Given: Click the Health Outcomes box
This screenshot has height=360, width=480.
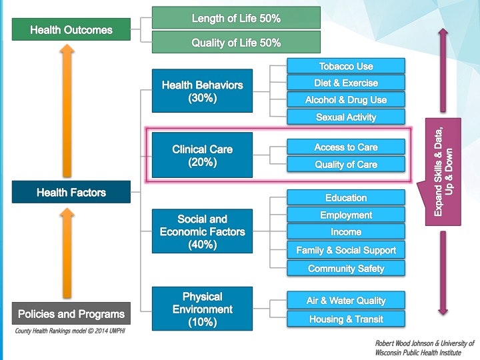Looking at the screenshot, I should coord(71,30).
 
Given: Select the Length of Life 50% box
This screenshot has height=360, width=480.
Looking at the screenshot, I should coord(236,18).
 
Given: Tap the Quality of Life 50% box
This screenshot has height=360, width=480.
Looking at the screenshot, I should coord(236,43).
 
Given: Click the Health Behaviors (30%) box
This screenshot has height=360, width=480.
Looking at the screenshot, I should coord(202,91).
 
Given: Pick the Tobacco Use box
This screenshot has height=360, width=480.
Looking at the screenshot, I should coord(346,66).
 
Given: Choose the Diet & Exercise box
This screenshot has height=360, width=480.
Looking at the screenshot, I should coord(346,83).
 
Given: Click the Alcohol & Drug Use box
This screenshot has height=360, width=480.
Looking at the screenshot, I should coord(346,100).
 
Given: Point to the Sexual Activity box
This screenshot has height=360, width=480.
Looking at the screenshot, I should coord(346,117).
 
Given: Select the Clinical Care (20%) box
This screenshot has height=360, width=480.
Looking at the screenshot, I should coord(202,155).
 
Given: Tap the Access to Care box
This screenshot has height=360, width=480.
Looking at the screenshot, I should coord(346,147).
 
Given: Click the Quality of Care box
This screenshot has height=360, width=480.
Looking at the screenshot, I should coord(346,164).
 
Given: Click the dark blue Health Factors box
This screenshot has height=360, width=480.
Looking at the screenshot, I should coord(71,193).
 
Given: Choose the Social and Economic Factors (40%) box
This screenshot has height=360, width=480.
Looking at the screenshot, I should coord(202,231).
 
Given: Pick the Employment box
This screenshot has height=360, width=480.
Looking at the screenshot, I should coord(346,215).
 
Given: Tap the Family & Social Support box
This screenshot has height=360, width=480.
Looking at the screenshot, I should coord(346,250).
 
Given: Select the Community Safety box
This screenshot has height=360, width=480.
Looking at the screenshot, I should coord(346,268).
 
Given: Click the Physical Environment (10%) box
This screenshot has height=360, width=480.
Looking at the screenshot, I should coord(202,309).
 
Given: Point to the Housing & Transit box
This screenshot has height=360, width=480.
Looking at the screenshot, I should coord(346,319).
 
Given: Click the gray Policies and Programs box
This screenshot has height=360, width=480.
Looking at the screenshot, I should coord(71,313).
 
